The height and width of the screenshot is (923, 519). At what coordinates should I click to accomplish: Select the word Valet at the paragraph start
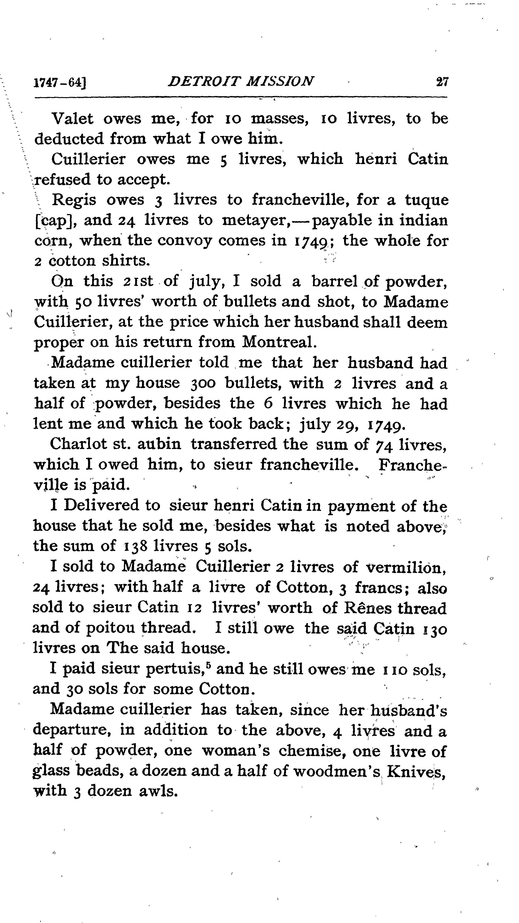pos(73,119)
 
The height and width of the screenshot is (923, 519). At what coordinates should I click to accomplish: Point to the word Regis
pos(74,199)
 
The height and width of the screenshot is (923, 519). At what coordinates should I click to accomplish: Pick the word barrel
pos(334,281)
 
